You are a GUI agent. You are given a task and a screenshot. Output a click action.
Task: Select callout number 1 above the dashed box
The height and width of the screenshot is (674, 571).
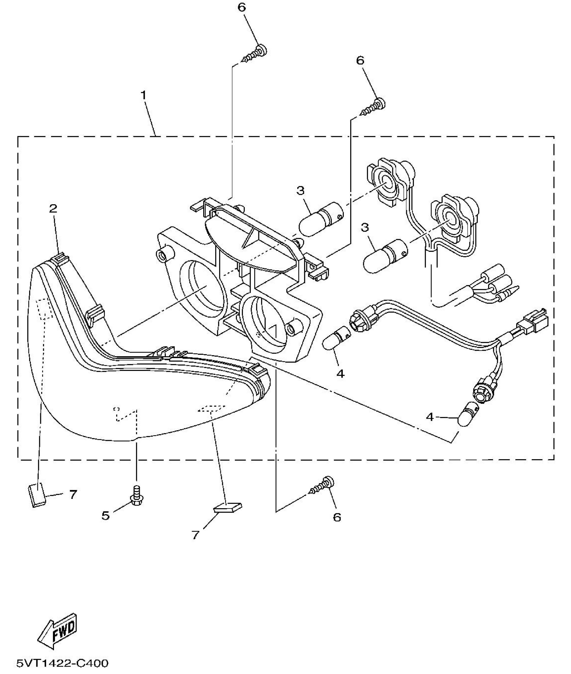[143, 96]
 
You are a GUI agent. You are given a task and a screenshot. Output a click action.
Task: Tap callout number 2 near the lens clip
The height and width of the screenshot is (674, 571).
[53, 209]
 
